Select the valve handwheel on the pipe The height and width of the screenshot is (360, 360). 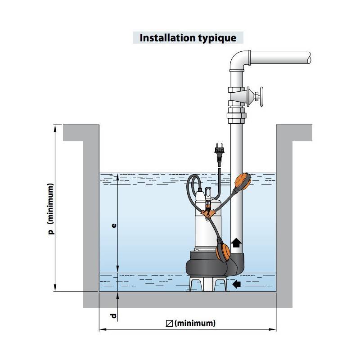click(x=261, y=97)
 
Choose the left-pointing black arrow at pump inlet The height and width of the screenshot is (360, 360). click(x=237, y=284)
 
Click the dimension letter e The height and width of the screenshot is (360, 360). click(x=114, y=225)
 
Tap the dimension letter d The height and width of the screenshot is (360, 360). click(x=114, y=316)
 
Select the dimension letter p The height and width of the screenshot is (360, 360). click(x=51, y=232)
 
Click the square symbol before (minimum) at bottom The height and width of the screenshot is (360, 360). click(x=169, y=324)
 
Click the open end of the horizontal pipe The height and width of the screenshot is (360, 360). click(x=309, y=58)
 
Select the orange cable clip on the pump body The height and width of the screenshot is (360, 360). click(x=208, y=213)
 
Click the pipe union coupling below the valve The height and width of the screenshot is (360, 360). click(x=237, y=115)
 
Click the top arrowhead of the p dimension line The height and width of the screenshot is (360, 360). click(x=55, y=128)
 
